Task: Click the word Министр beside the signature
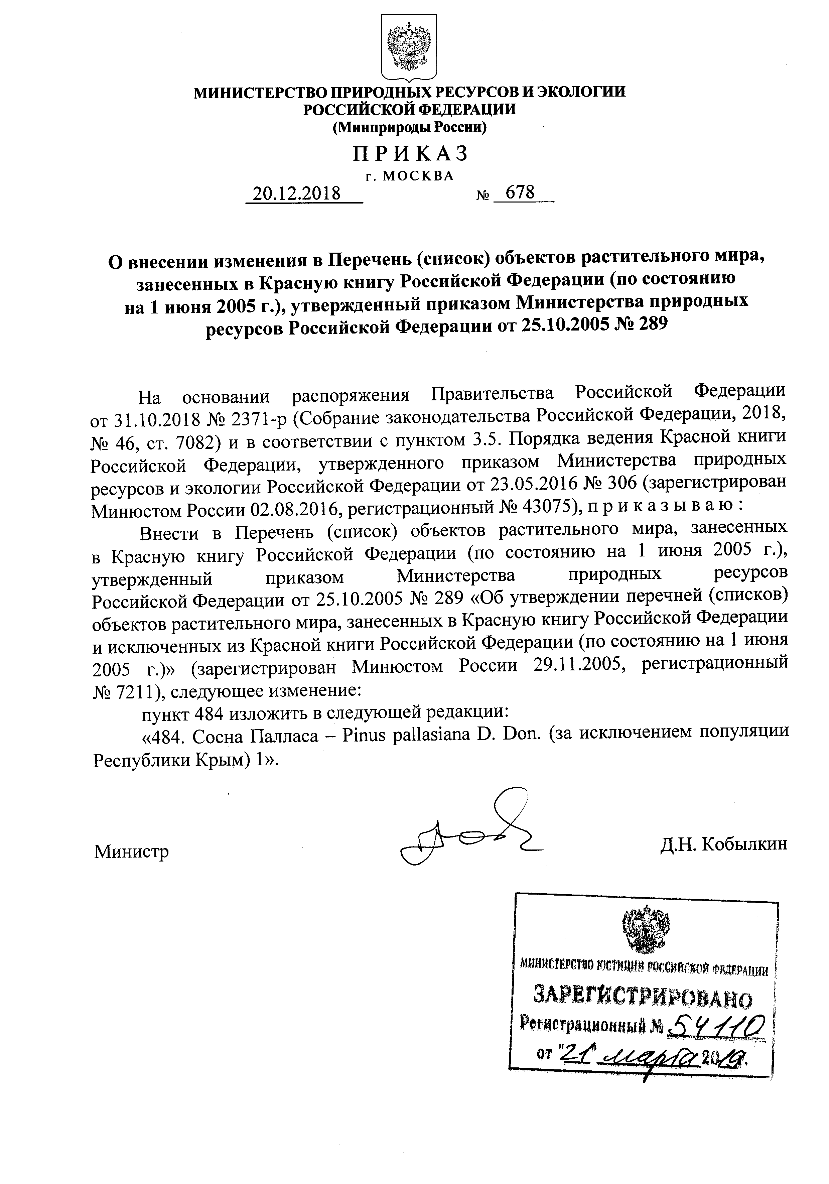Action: (131, 851)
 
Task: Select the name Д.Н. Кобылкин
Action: (723, 844)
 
